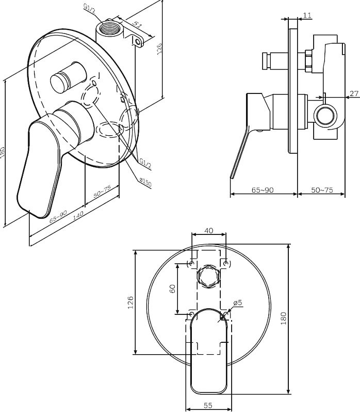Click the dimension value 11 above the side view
click(307, 15)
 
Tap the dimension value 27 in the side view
click(354, 93)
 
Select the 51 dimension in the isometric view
click(137, 24)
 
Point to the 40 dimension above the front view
click(208, 230)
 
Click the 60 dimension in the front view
click(172, 289)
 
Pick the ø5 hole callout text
click(237, 303)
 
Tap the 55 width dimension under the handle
click(208, 405)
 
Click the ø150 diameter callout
click(145, 182)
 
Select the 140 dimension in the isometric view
click(78, 215)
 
